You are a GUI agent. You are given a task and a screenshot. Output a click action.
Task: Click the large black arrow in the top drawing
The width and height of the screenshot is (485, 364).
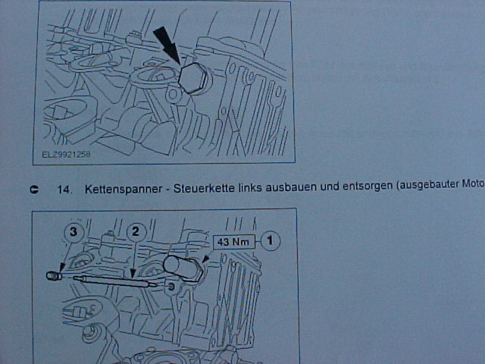(x=167, y=45)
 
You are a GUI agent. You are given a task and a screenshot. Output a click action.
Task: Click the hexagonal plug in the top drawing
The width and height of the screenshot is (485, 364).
(x=192, y=79)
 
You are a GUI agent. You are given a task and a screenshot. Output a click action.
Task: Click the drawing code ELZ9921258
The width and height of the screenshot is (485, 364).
(x=66, y=155)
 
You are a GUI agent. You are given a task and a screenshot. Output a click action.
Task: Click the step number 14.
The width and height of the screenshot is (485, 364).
(x=64, y=189)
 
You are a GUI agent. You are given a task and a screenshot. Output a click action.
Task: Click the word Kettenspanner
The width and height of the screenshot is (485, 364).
(x=124, y=189)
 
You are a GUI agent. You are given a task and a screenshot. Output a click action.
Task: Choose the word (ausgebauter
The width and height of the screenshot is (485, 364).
(x=427, y=185)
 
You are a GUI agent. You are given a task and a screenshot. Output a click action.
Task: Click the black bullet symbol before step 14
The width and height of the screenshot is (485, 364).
(x=34, y=190)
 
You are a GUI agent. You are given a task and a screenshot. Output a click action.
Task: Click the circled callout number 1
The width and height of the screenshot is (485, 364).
(x=271, y=240)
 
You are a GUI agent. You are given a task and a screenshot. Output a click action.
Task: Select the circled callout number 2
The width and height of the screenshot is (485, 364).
(x=136, y=232)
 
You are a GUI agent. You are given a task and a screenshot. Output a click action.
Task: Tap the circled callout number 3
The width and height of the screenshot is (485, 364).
(x=74, y=232)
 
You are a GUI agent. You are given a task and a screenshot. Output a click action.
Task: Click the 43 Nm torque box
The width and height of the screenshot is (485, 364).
(x=234, y=242)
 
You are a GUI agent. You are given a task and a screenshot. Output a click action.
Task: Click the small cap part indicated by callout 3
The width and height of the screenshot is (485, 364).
(x=53, y=275)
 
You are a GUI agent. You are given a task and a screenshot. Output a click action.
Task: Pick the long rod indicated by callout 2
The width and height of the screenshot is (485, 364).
(x=114, y=281)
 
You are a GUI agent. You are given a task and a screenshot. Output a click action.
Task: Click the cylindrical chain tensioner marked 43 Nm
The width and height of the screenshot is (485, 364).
(x=183, y=268)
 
